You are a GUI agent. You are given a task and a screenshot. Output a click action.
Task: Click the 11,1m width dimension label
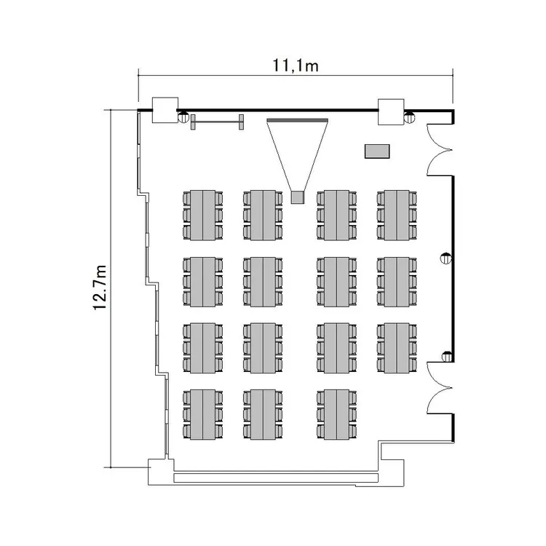point(296,66)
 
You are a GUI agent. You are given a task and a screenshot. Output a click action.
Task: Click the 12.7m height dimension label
point(100,288)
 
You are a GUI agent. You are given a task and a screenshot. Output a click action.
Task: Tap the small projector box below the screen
point(296,197)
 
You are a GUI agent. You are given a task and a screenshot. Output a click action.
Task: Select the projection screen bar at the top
point(298,119)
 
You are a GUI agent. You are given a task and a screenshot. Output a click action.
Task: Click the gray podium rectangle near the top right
point(377,151)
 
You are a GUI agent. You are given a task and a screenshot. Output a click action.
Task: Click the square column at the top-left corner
point(164,110)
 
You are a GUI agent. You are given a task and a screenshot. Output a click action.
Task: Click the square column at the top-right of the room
point(390,110)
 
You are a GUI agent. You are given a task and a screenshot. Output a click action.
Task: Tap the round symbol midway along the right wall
point(445,256)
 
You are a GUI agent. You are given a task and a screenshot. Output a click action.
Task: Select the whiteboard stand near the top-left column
point(216,122)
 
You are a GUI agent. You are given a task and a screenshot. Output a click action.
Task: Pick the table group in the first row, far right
point(397,215)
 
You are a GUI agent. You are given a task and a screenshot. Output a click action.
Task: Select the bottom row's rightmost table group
point(336,414)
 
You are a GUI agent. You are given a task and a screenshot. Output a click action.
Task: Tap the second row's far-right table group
point(397,281)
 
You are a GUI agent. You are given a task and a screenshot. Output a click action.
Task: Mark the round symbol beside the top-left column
point(183,115)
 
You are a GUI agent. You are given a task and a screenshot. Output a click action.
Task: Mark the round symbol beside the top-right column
point(410,115)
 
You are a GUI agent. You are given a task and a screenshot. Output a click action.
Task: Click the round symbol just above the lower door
point(446,356)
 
